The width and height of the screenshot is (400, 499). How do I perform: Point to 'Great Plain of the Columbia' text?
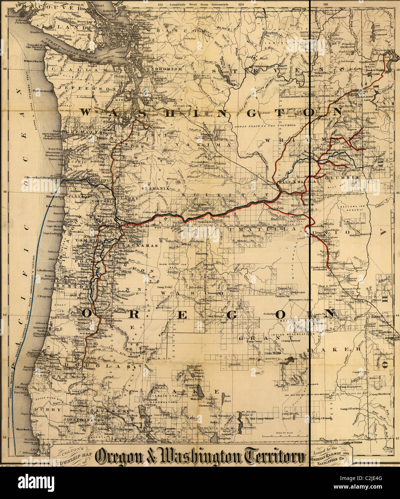265,126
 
